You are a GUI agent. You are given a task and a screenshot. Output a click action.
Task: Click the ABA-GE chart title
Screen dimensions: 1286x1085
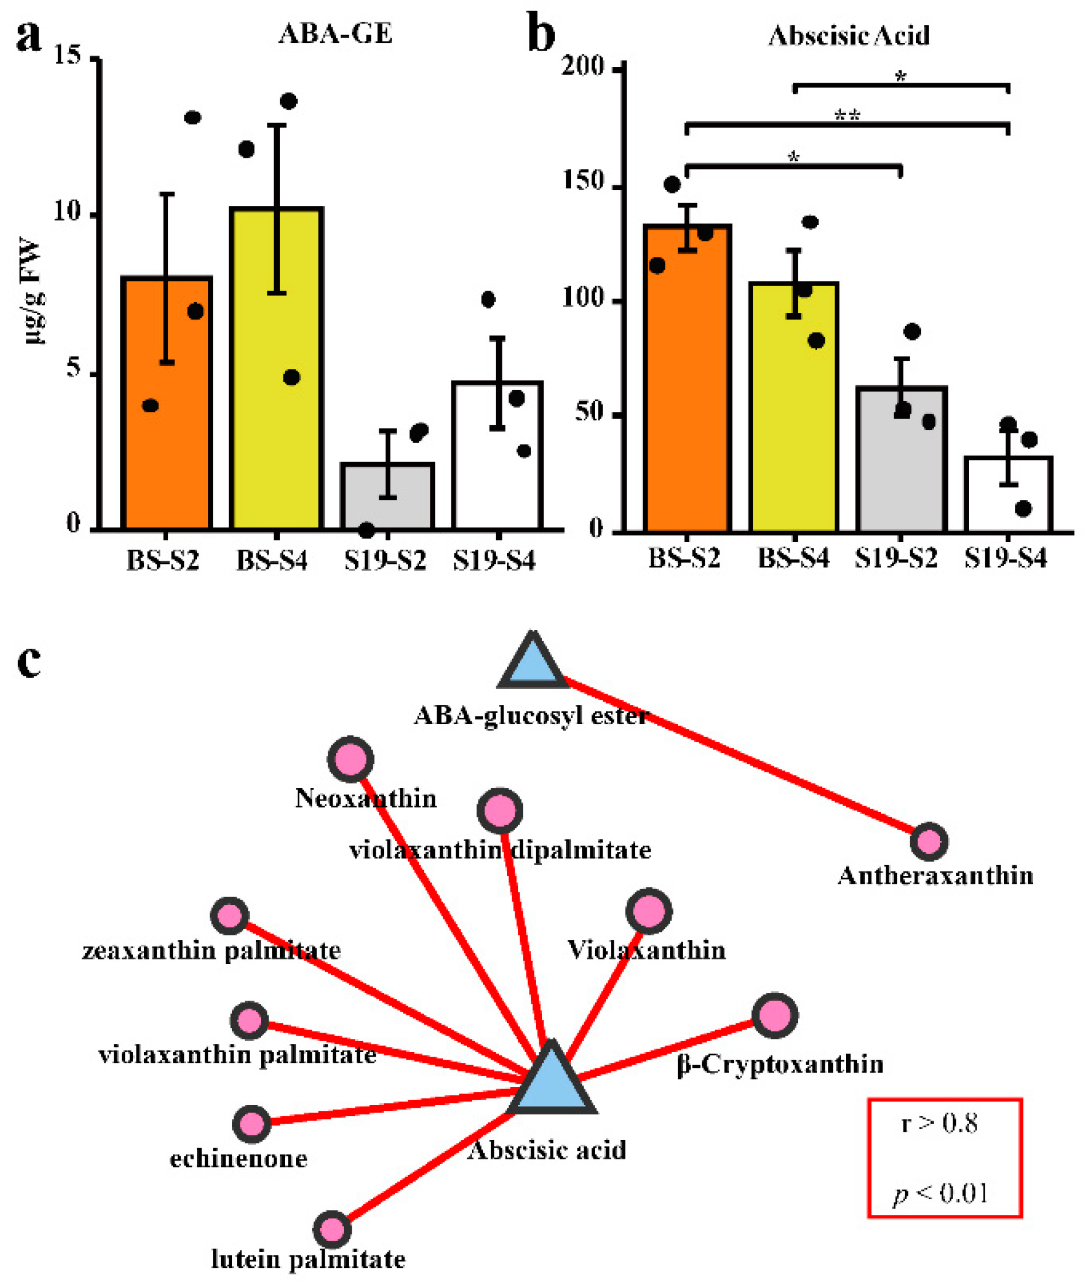tap(335, 34)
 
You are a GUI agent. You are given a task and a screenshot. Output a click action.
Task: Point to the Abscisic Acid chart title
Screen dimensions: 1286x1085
tap(849, 36)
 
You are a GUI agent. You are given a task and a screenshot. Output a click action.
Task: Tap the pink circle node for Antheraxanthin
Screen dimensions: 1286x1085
tap(928, 842)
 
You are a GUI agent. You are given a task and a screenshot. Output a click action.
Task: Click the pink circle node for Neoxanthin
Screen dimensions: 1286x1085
tap(351, 759)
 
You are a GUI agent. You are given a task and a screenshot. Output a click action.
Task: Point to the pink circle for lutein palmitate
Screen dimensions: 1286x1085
tap(332, 1229)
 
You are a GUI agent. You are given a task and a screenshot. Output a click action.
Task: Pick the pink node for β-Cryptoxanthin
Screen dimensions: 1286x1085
tap(775, 1015)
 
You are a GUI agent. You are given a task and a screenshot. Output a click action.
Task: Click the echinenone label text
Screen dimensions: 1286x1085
tap(239, 1159)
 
